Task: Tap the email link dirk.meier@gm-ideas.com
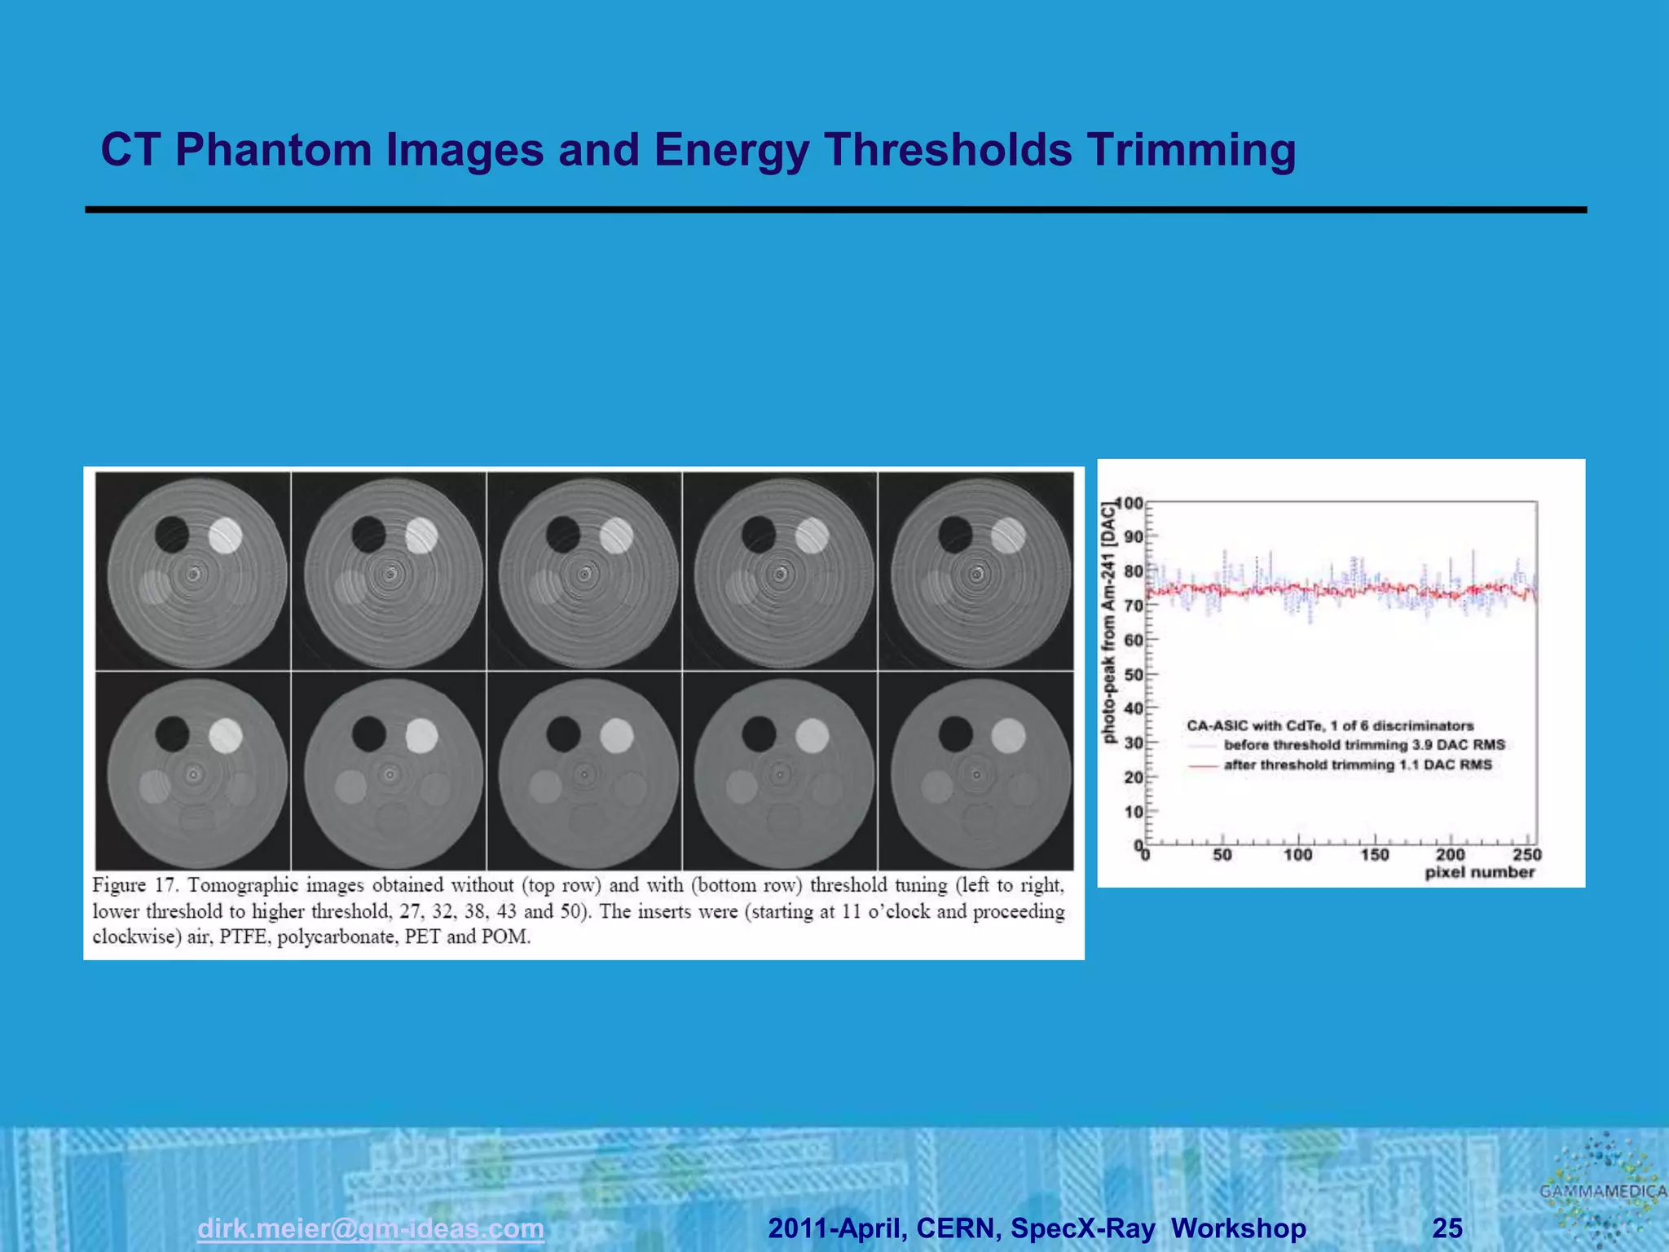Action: [371, 1228]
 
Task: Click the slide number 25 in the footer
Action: [1447, 1228]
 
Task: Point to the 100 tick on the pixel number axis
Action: [1298, 854]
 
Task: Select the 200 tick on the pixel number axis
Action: [1451, 854]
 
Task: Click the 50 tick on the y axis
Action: [1134, 674]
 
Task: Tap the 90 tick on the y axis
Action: [1134, 536]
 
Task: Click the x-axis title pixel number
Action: [1479, 873]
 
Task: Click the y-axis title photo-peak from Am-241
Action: [1108, 624]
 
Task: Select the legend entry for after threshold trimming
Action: [1357, 765]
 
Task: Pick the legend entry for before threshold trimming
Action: [1363, 745]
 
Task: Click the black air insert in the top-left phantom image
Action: [172, 535]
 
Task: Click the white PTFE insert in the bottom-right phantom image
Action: [1008, 736]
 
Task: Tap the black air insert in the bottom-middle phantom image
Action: [563, 734]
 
